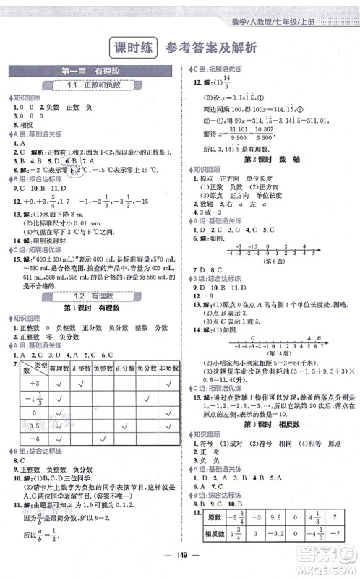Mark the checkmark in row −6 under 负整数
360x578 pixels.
point(103,438)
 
